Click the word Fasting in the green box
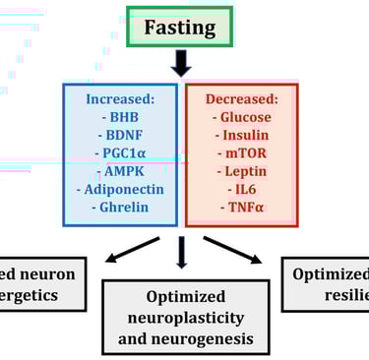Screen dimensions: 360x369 click(x=179, y=27)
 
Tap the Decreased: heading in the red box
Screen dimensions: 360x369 click(x=241, y=98)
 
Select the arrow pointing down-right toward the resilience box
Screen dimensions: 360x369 click(x=234, y=250)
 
